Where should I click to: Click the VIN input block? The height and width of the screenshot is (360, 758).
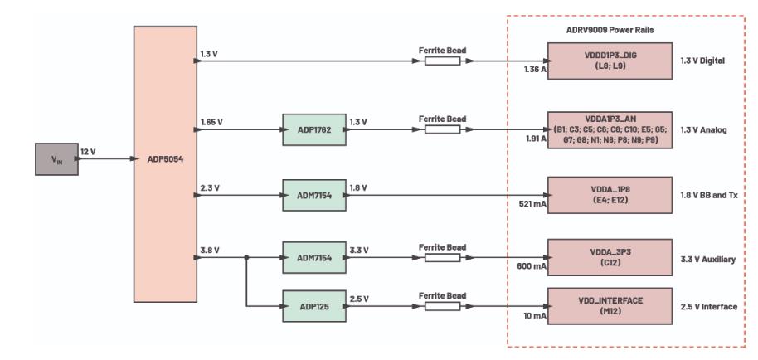[x=54, y=158]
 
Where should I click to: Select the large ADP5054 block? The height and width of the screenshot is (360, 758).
[x=165, y=163]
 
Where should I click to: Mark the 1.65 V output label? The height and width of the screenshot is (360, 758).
[x=211, y=121]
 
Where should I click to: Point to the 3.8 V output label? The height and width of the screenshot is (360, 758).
[x=209, y=249]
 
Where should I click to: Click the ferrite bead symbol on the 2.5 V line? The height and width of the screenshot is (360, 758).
[x=442, y=306]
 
